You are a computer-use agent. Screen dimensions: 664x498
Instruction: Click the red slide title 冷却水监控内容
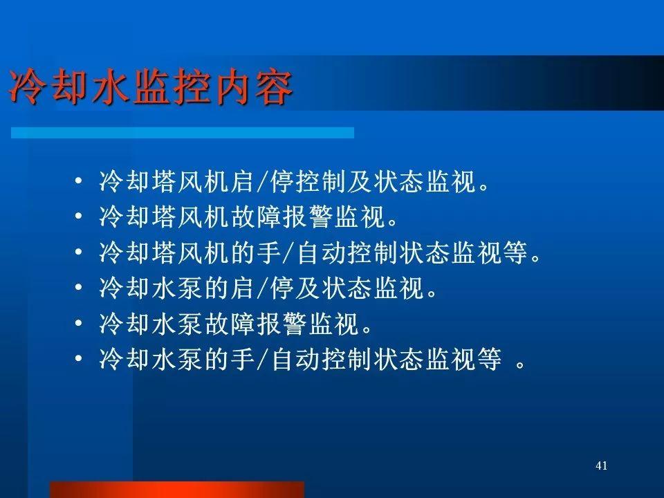(151, 88)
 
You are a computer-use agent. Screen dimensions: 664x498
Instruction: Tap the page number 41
(601, 465)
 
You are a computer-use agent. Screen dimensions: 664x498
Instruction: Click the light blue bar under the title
(183, 133)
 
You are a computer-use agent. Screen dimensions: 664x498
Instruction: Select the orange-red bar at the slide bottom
(177, 490)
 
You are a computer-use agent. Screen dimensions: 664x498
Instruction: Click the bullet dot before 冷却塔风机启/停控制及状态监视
(78, 181)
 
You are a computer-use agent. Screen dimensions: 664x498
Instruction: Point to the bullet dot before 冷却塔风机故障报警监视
(78, 216)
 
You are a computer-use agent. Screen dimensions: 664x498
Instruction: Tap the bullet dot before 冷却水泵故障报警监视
(78, 323)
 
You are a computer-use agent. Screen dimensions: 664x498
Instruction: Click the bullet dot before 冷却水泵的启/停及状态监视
(78, 288)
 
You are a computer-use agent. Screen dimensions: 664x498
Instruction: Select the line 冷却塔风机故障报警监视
(248, 216)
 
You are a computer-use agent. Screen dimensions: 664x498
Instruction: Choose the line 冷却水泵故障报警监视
(235, 324)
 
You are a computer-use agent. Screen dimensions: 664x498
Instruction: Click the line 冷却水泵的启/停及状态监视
(268, 288)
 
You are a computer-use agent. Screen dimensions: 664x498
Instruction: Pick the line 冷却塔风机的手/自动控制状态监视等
(320, 252)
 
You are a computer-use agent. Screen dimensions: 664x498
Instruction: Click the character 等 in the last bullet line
(490, 359)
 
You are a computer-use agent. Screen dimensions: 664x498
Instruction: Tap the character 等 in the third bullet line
(516, 252)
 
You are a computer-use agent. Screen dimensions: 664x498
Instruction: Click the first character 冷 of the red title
(26, 88)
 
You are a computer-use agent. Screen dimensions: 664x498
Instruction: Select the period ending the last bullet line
(521, 365)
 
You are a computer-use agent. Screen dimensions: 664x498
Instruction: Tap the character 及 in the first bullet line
(360, 182)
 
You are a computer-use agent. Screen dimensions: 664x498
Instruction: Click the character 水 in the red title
(109, 88)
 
